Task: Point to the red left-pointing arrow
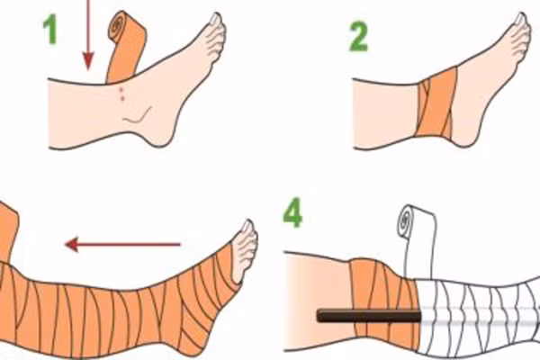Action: [x=122, y=243]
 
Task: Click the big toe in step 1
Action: [x=214, y=20]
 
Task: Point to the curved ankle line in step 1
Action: [x=135, y=116]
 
